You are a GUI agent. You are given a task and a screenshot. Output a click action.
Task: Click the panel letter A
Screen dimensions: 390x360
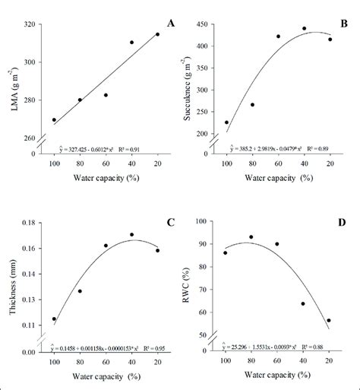(x=171, y=24)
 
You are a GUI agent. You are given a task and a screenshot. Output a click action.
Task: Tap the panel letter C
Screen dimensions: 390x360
(x=171, y=222)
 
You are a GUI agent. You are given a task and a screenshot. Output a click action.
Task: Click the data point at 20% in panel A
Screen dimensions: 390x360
(x=158, y=34)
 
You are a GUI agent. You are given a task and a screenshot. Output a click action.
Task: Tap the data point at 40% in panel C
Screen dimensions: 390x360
(x=131, y=235)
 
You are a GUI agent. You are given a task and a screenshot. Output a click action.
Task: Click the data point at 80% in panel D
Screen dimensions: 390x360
(x=251, y=236)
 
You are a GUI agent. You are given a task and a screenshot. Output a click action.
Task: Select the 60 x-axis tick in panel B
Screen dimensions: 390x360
(x=278, y=163)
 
